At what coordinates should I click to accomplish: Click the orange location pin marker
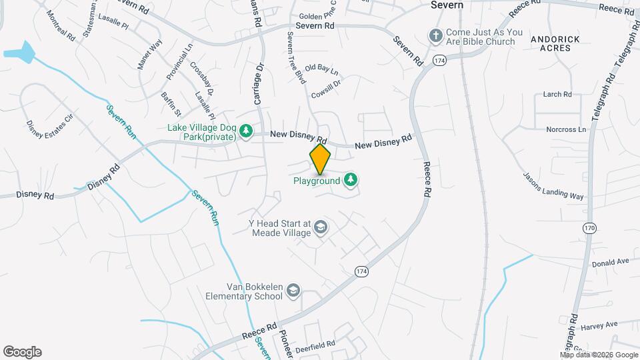pyautogui.click(x=320, y=159)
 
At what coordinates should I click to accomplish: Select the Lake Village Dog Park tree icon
pyautogui.click(x=246, y=131)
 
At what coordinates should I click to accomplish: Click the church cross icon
pyautogui.click(x=435, y=36)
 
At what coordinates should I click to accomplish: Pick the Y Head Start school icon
pyautogui.click(x=321, y=228)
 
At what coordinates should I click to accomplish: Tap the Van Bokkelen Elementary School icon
pyautogui.click(x=293, y=291)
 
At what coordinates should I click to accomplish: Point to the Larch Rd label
pyautogui.click(x=557, y=95)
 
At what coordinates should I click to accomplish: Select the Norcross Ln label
pyautogui.click(x=565, y=129)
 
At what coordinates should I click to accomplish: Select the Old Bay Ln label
pyautogui.click(x=321, y=69)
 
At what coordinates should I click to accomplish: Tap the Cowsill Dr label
pyautogui.click(x=326, y=85)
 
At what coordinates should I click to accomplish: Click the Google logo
pyautogui.click(x=22, y=352)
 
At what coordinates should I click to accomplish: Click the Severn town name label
pyautogui.click(x=447, y=5)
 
